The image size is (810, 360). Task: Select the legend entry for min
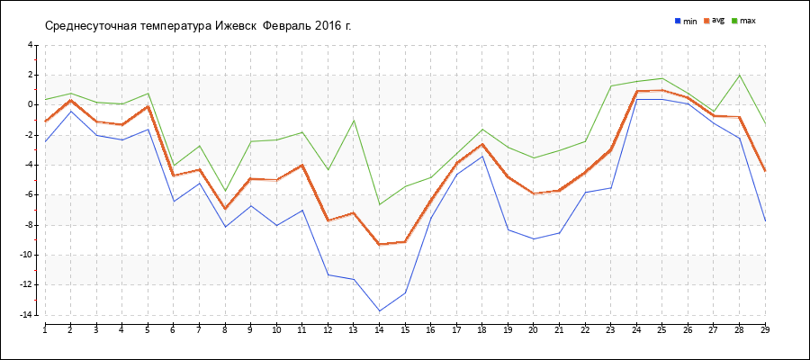pos(686,20)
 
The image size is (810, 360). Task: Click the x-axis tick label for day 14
pos(379,330)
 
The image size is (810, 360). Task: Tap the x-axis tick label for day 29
pos(765,330)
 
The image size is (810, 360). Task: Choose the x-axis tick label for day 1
pos(45,330)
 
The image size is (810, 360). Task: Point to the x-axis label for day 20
pos(534,330)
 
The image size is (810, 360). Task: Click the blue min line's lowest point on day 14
pos(380,310)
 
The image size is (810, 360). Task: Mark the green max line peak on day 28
pos(740,75)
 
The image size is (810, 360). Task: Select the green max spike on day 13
pos(354,120)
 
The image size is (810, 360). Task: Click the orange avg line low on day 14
pos(380,244)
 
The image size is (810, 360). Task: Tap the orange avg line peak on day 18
pos(482,144)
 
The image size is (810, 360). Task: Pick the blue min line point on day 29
pos(765,220)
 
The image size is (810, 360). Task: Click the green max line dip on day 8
pos(225,190)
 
